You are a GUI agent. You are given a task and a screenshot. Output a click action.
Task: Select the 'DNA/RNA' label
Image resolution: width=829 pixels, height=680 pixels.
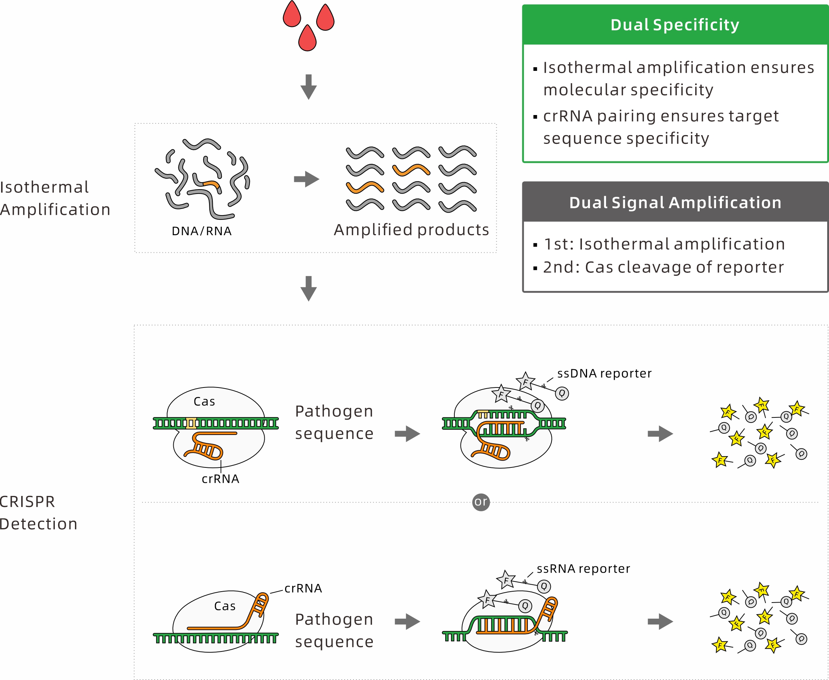click(201, 231)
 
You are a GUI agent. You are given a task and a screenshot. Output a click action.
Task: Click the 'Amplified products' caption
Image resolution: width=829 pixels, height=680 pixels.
click(411, 230)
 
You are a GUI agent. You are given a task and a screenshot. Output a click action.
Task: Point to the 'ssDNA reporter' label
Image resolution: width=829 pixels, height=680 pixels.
click(604, 373)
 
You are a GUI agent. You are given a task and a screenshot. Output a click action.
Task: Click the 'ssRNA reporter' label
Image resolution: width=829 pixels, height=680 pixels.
click(583, 568)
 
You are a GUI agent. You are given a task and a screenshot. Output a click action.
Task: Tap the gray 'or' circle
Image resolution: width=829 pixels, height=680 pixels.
click(481, 502)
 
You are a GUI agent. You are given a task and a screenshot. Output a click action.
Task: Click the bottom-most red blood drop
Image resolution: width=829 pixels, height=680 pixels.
click(307, 38)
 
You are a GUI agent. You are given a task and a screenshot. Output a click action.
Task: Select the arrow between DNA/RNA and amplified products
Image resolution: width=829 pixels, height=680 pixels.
click(307, 179)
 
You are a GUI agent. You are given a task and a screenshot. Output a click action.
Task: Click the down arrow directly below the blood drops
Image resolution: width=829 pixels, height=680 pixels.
click(308, 87)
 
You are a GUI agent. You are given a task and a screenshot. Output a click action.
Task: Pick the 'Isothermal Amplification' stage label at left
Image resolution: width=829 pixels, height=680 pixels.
click(55, 198)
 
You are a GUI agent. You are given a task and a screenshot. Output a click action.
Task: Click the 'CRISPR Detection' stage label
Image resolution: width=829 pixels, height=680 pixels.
click(38, 513)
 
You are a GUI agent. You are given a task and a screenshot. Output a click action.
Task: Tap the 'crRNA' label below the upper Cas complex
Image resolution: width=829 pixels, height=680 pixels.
click(220, 479)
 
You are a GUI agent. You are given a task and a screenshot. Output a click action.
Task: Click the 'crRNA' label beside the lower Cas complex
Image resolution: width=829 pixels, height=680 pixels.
click(303, 588)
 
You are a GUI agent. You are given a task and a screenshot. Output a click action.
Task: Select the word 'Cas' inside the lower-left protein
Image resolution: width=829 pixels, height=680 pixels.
click(224, 606)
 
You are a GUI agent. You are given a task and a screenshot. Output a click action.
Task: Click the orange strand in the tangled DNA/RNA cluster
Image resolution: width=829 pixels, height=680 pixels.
click(212, 184)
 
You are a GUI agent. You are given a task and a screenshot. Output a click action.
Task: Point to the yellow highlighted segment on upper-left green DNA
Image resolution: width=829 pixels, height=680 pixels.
click(191, 423)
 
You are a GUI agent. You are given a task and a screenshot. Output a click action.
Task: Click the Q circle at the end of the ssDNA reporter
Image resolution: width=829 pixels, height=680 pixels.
click(562, 393)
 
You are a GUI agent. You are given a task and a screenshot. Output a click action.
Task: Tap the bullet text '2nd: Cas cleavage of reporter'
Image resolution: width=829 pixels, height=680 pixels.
click(663, 267)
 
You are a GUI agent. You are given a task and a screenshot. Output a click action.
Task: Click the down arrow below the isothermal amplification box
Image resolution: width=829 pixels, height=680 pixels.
click(308, 288)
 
